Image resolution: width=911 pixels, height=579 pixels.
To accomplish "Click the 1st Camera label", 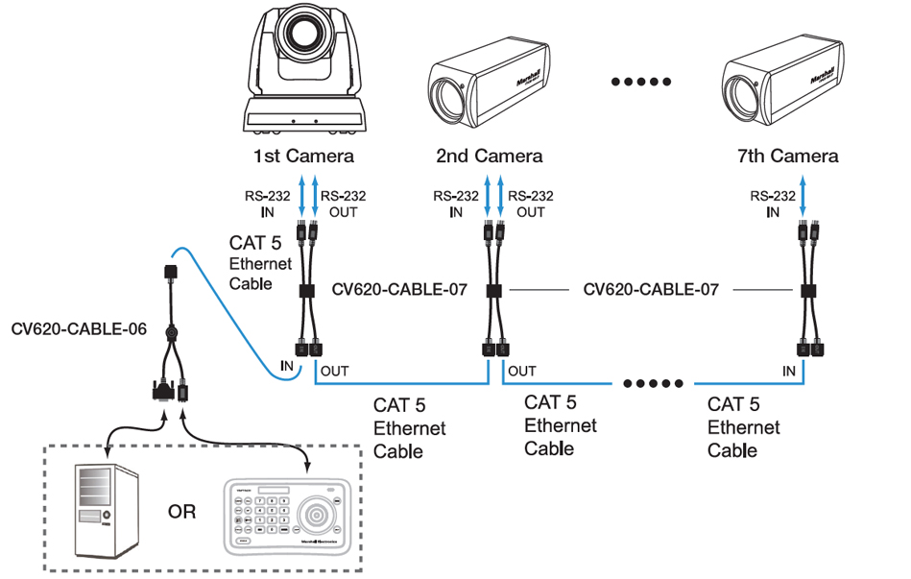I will click(303, 156).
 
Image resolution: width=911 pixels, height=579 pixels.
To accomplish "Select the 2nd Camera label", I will click(489, 156).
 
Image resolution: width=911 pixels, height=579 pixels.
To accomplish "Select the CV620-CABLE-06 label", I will click(79, 329).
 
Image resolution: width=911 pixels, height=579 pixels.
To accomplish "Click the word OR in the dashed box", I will click(181, 511).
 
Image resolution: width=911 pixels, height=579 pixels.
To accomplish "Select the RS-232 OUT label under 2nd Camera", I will click(530, 204).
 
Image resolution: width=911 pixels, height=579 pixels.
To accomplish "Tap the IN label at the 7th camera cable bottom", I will click(789, 371).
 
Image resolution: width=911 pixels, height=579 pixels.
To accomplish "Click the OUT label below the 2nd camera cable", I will click(522, 371).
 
